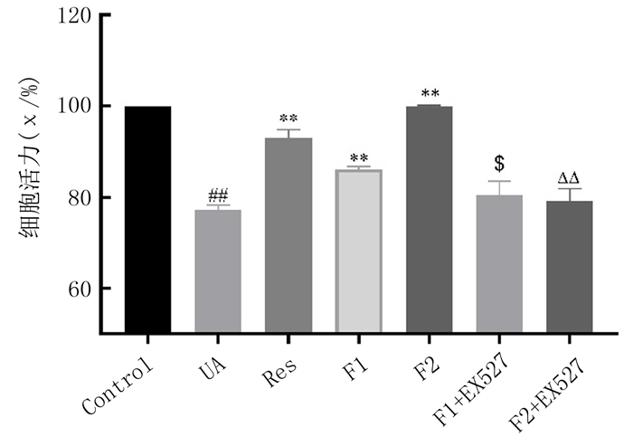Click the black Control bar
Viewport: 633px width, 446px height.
point(148,220)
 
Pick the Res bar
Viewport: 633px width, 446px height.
point(288,235)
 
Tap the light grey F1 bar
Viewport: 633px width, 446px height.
point(359,251)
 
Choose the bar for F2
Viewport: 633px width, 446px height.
point(430,220)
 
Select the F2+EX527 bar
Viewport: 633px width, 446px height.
point(570,267)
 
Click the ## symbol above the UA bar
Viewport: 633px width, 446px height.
point(218,195)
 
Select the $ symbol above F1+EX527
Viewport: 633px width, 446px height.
point(499,164)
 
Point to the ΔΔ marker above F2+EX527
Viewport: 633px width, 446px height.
point(570,178)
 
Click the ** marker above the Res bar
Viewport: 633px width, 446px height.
point(288,119)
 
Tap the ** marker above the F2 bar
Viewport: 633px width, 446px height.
point(430,93)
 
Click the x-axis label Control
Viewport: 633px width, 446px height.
point(118,389)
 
